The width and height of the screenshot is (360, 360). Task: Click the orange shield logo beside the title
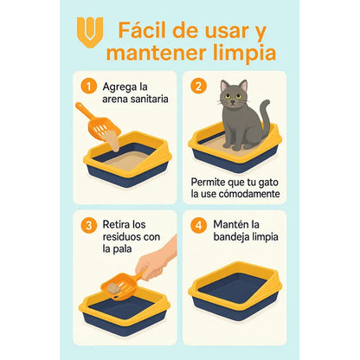click(x=89, y=32)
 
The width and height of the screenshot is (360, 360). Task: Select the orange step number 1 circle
click(x=87, y=87)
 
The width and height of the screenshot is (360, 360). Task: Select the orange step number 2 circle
click(x=198, y=87)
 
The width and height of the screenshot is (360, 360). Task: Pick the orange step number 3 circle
click(x=87, y=225)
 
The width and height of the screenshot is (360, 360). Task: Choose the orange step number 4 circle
click(x=198, y=225)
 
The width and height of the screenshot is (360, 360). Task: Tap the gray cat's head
click(x=234, y=94)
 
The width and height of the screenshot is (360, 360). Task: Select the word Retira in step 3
click(x=119, y=224)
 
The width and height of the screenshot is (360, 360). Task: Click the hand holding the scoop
click(x=156, y=261)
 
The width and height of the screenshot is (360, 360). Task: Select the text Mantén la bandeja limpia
click(x=242, y=231)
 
